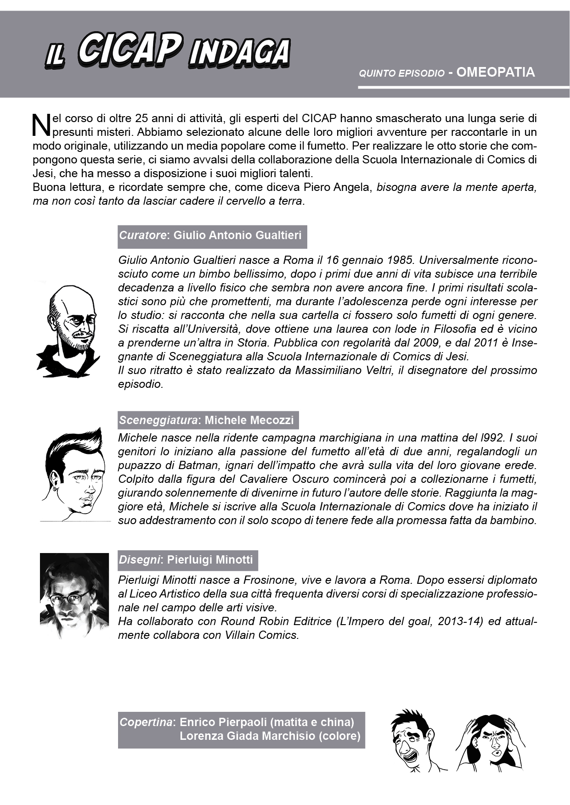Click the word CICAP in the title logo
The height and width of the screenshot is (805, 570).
pos(130,51)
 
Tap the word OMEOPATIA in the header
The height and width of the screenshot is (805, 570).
pos(496,73)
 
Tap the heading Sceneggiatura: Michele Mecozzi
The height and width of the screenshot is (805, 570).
pos(208,420)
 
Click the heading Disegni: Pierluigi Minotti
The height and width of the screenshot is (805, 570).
pos(187,560)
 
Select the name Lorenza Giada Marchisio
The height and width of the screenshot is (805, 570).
pos(248,736)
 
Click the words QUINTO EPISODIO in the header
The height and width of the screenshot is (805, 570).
pos(401,73)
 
